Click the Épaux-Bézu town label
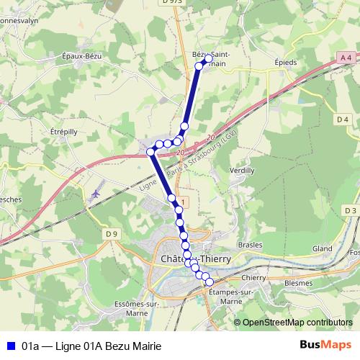[x=84, y=56]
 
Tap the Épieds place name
[x=286, y=62]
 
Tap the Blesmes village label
[x=297, y=284]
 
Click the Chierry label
[x=255, y=277]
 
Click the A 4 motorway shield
[x=346, y=57]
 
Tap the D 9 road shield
[x=110, y=233]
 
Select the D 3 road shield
[x=350, y=210]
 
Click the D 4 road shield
[x=342, y=119]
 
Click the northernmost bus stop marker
[x=208, y=58]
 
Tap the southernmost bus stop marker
[x=210, y=282]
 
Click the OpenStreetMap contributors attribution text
[x=297, y=323]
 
